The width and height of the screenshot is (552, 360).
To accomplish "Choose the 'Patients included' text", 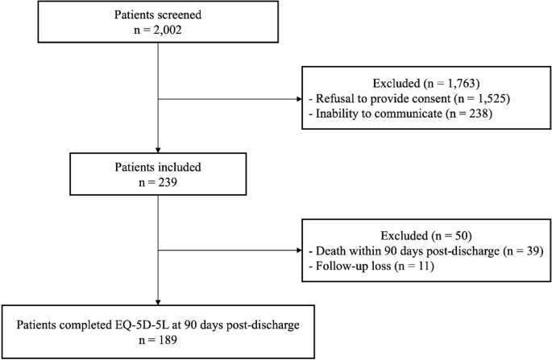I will [158, 170].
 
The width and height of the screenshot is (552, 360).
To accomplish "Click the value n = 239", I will [158, 184].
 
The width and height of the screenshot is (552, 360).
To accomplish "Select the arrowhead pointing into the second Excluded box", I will [299, 251].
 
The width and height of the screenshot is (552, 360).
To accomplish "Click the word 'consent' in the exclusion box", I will [429, 99].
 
